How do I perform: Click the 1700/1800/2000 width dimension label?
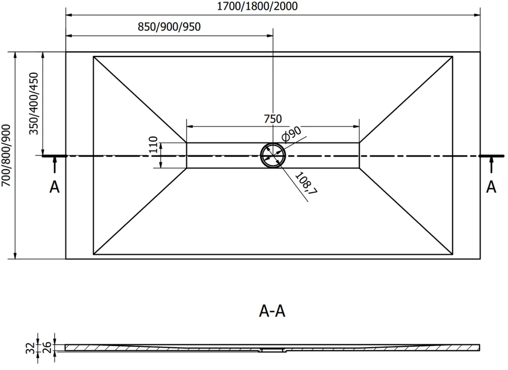coord(257,6)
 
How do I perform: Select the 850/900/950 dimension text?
coord(169,26)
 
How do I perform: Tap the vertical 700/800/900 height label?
coord(6,155)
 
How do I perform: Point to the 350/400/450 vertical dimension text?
coord(34,103)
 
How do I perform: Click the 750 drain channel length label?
coord(273,119)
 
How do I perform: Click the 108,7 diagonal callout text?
coord(306,183)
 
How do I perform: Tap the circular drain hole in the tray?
coord(273,156)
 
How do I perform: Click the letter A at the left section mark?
coord(54,187)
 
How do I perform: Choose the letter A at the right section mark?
coord(491,187)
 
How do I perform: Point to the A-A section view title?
coord(272,311)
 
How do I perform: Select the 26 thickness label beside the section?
coord(47,348)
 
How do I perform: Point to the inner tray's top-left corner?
coord(93,56)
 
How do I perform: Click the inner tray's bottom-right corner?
coord(452,255)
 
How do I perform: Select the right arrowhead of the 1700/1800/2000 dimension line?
coord(477,15)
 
